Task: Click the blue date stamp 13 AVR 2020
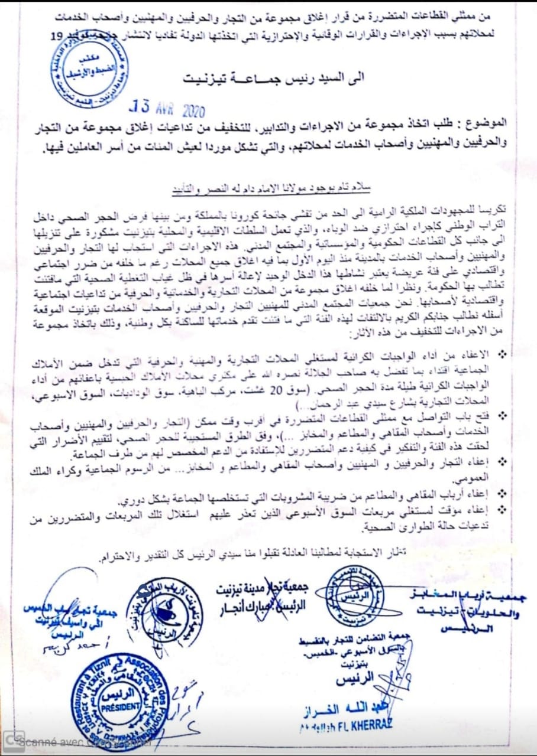167,109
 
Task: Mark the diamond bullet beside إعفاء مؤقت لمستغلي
503,507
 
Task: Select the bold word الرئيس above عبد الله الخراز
355,680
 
